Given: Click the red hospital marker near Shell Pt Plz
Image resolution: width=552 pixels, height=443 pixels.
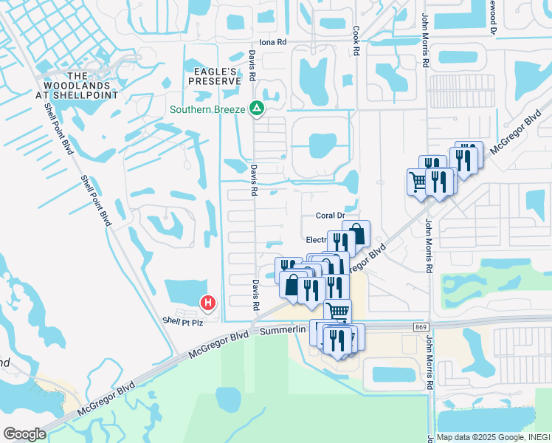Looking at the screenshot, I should (x=209, y=301).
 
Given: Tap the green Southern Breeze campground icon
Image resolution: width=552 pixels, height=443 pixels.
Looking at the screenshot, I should (x=256, y=109).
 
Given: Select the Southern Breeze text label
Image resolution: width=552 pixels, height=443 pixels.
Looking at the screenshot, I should (x=208, y=110).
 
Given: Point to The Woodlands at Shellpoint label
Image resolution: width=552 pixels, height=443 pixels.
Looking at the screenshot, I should (x=76, y=85).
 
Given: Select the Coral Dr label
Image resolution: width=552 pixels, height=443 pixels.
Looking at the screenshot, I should (x=330, y=216).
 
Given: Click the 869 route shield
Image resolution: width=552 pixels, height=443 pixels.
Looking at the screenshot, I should (x=420, y=326).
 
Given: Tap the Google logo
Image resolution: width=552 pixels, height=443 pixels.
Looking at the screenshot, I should (x=24, y=434).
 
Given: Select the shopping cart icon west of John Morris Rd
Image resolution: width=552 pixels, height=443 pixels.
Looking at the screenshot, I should (x=418, y=180).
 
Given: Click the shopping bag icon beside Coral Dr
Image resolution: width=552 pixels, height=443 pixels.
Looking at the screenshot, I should (x=356, y=233).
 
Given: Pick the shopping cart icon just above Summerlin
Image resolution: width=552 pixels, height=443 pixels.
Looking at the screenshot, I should (x=337, y=310).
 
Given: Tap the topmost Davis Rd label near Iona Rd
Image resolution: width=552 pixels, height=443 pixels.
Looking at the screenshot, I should (x=252, y=65).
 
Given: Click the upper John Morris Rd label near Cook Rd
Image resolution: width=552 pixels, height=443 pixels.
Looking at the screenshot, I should (x=426, y=41).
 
